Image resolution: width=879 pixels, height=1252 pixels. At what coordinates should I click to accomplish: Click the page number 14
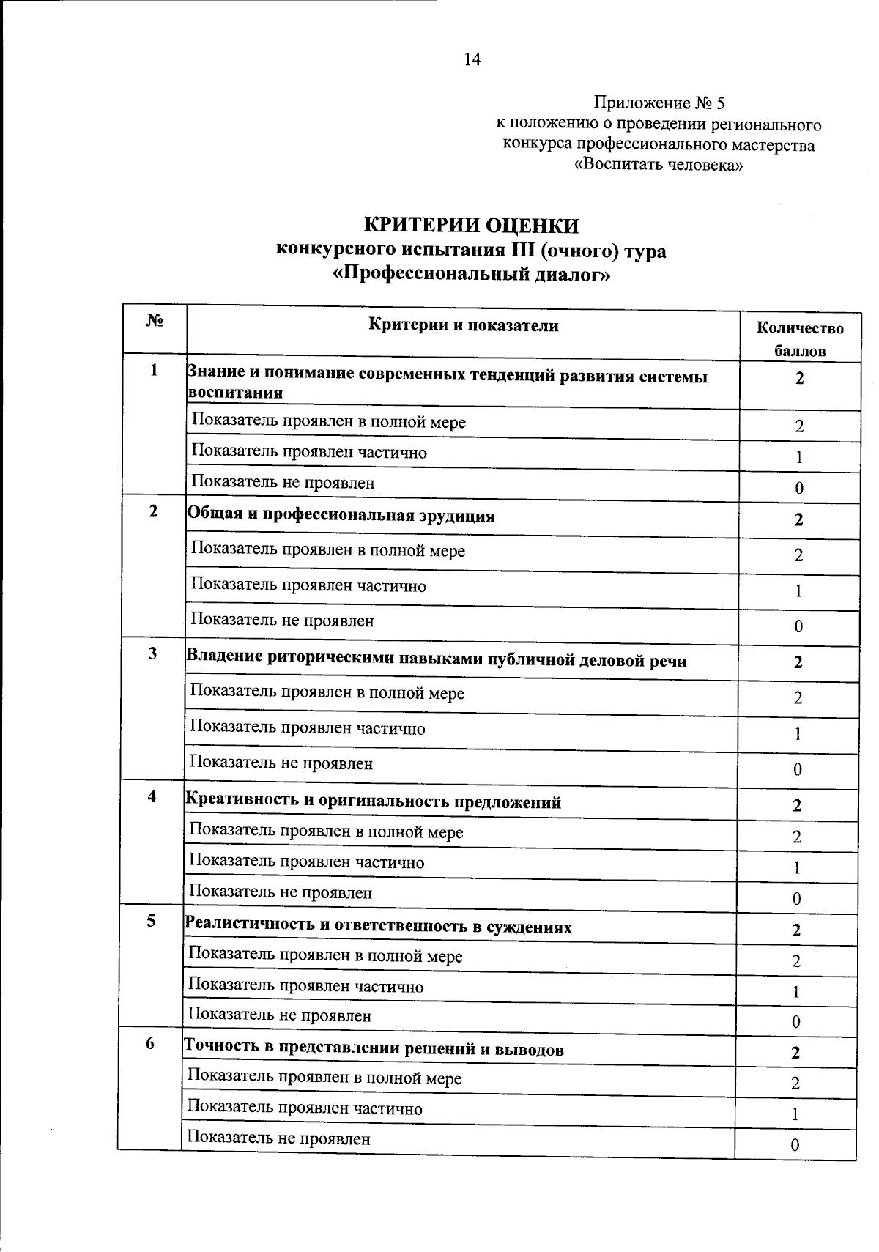[472, 60]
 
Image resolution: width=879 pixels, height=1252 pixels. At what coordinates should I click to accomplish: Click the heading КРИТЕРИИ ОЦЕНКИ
[472, 225]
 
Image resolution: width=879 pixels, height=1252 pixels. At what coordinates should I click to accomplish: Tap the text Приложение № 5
[659, 103]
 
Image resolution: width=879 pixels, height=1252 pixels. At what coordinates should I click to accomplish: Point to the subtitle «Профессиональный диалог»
[471, 275]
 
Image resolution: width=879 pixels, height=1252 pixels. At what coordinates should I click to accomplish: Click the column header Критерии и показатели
[463, 326]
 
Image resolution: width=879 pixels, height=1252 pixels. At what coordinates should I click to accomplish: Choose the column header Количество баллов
[800, 339]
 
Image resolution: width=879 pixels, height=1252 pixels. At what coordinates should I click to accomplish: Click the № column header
[155, 322]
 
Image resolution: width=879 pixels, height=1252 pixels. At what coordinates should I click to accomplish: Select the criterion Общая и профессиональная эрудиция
[341, 516]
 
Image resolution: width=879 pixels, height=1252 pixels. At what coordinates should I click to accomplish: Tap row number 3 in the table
[152, 653]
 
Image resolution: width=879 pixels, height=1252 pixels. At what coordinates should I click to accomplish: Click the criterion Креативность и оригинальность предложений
[374, 801]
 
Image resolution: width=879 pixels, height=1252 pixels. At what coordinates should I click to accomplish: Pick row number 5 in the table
[151, 921]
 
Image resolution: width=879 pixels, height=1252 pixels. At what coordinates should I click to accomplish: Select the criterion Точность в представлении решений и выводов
[374, 1049]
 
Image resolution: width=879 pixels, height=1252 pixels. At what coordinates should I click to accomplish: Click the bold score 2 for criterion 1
[799, 378]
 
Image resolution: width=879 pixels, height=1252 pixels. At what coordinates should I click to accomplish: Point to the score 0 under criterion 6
[795, 1146]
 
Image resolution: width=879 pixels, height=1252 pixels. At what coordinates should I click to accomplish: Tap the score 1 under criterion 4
[796, 868]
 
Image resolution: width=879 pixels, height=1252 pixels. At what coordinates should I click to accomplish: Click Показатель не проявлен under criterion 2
[283, 621]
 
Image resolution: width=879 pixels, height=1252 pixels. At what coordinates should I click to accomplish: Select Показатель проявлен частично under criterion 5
[306, 986]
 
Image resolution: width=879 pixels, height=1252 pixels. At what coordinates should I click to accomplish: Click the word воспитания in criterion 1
[236, 393]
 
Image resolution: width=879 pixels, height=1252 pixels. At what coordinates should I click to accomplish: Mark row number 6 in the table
[150, 1043]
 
